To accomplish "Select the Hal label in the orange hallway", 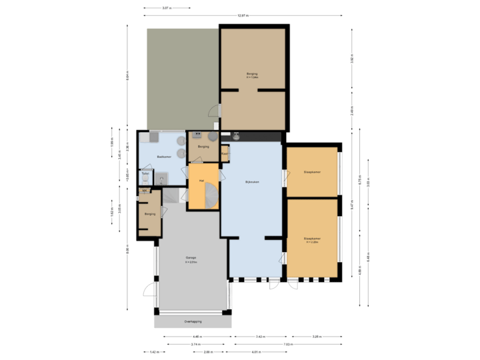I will (x=199, y=180).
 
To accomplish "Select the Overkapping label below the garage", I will (x=193, y=321).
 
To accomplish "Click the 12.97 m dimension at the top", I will (x=243, y=15).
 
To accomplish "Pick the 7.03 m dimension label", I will (x=288, y=344).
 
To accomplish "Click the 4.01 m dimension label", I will (x=255, y=351).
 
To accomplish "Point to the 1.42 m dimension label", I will (x=153, y=351).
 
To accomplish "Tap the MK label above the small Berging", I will (x=144, y=191).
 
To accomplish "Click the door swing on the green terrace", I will (x=212, y=113).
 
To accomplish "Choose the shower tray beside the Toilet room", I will (x=163, y=178).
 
